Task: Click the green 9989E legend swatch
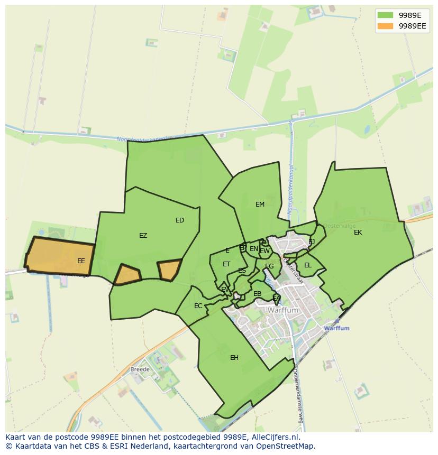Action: (386, 15)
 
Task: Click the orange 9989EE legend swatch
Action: (386, 25)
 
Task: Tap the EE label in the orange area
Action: (81, 261)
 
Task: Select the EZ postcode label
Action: (143, 236)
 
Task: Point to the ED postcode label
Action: (180, 220)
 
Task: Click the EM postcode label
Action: (260, 205)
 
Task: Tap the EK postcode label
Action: (358, 233)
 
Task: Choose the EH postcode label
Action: (234, 358)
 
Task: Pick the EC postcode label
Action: (198, 306)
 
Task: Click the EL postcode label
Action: (308, 265)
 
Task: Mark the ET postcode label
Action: (226, 264)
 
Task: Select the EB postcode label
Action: (257, 294)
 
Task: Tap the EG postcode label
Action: (269, 266)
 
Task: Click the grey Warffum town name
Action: (283, 311)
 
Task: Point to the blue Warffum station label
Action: (336, 328)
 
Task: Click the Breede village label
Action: (140, 369)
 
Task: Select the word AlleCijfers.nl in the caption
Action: (274, 438)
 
